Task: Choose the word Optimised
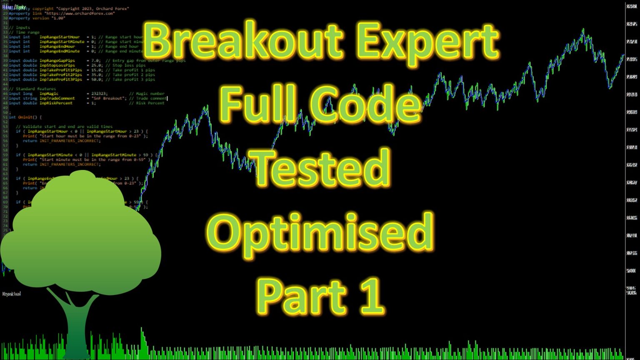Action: [320, 233]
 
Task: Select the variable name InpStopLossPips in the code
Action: [57, 65]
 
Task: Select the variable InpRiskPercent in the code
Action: [56, 103]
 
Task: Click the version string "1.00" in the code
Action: [59, 18]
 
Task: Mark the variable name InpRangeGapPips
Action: [57, 60]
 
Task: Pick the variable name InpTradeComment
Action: [57, 98]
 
